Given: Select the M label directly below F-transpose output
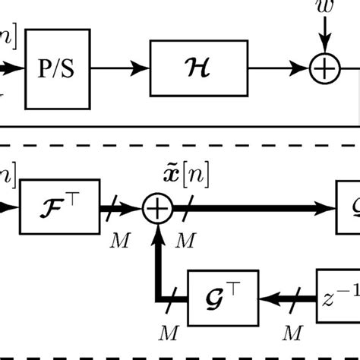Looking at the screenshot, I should click(x=119, y=240).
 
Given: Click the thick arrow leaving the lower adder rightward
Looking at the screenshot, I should click(x=258, y=207).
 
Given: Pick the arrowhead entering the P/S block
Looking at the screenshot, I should click(x=17, y=70).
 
